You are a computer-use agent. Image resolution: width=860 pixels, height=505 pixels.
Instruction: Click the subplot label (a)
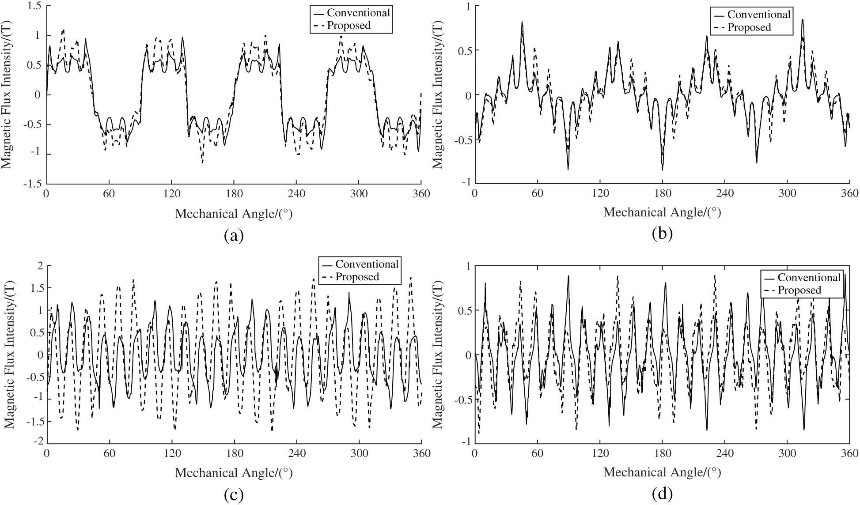coord(234,235)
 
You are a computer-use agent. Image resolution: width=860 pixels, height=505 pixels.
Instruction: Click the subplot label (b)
coord(662,233)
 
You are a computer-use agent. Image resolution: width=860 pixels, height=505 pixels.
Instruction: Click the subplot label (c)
coord(234,495)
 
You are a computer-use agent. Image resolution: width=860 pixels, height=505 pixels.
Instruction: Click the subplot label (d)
coord(662,494)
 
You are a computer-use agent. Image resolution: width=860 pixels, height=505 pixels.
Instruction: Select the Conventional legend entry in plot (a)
coord(358,12)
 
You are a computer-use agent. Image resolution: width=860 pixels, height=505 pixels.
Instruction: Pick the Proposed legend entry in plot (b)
coord(749,27)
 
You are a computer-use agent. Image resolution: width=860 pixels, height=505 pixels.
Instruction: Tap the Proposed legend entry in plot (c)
coord(357,276)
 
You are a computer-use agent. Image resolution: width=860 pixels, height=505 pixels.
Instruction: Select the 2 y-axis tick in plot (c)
coord(38,266)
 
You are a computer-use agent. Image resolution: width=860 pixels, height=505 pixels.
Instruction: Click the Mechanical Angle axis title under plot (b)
coord(662,213)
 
